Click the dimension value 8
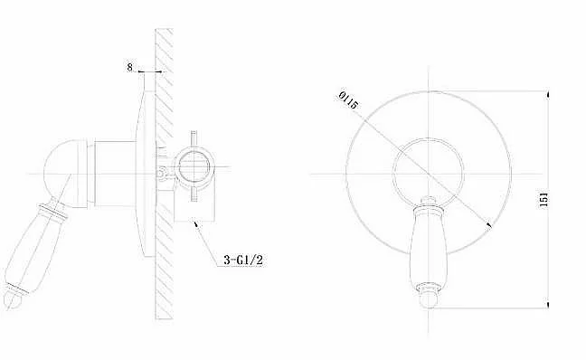[x=129, y=67]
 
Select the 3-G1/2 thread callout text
[x=243, y=260]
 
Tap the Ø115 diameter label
[x=348, y=99]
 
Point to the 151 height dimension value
[x=544, y=200]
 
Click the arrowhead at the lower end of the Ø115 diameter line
[x=488, y=224]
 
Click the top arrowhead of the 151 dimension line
[x=548, y=93]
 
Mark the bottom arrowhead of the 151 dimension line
[x=548, y=305]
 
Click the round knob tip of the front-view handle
[x=428, y=300]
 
